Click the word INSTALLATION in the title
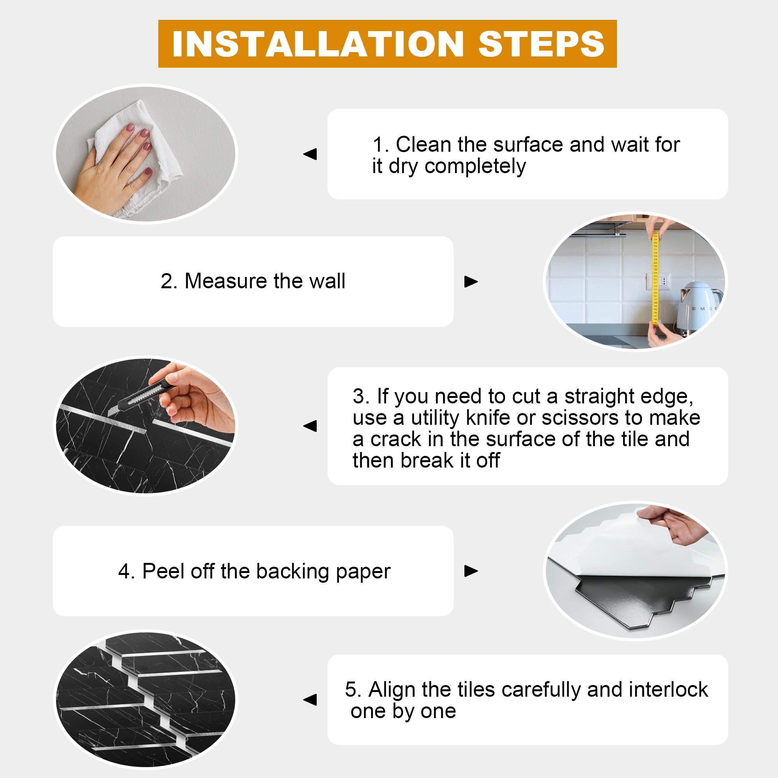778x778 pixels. [x=318, y=44]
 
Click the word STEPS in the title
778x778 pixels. [x=541, y=44]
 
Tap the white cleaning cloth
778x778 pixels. [x=137, y=157]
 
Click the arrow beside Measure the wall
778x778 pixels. [x=471, y=282]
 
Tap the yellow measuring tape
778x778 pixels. [x=655, y=277]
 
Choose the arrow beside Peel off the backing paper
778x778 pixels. [x=471, y=571]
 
